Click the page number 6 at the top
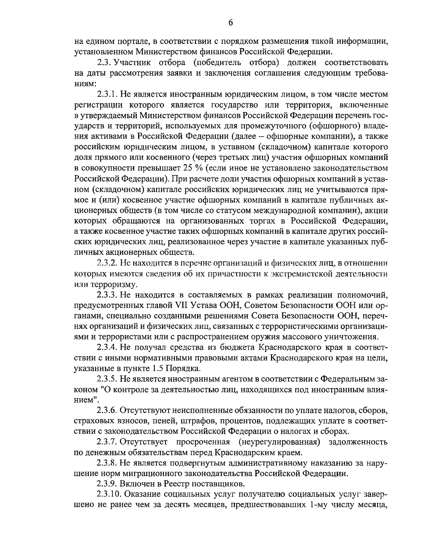pos(230,23)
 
